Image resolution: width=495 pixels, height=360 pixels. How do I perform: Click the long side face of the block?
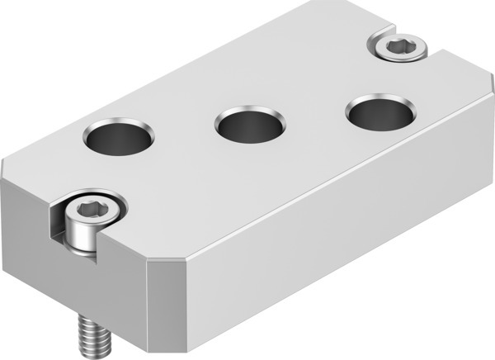pos(346,239)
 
